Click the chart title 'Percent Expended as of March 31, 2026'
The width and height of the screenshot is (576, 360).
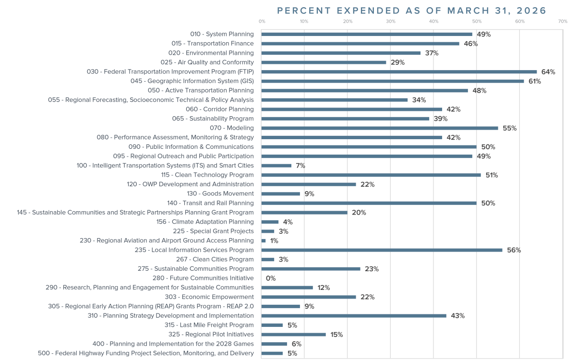click(x=412, y=11)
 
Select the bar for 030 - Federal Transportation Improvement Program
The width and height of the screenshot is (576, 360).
click(x=399, y=72)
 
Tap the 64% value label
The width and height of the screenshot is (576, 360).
click(x=548, y=72)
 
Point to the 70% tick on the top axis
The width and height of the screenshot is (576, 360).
click(x=563, y=22)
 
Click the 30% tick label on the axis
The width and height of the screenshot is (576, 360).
click(x=391, y=22)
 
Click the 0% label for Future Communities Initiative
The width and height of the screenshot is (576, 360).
click(x=271, y=278)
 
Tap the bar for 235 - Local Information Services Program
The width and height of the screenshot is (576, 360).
click(x=382, y=250)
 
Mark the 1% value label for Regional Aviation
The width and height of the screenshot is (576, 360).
click(x=274, y=241)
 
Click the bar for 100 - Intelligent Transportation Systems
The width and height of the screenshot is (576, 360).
click(x=276, y=166)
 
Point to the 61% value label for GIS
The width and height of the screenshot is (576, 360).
click(x=535, y=82)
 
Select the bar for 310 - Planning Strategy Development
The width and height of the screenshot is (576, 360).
click(x=354, y=316)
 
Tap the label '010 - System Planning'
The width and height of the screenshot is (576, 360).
click(x=222, y=34)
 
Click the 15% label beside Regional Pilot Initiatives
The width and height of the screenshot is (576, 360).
click(x=336, y=335)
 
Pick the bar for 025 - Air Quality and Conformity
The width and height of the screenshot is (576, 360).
click(x=324, y=62)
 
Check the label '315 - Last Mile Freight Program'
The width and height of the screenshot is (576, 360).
click(x=209, y=325)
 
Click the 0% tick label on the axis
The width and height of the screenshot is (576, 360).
click(x=262, y=22)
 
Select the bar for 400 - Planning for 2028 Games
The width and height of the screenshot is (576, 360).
click(x=274, y=344)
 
